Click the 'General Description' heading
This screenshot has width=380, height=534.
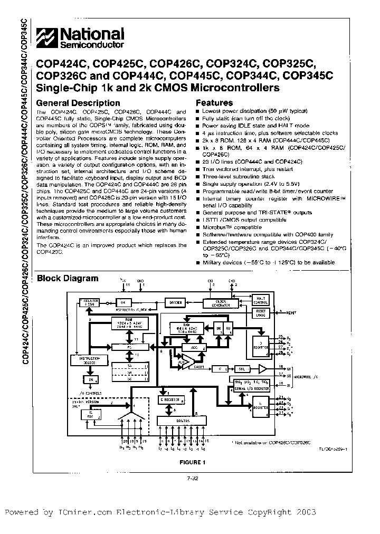(x=79, y=103)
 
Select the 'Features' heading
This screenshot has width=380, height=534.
(x=214, y=103)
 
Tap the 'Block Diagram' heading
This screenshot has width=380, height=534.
(x=67, y=278)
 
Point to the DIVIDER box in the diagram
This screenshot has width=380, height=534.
(x=175, y=302)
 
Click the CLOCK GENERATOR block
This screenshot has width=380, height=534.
(x=217, y=303)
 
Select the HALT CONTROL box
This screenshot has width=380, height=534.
(x=261, y=300)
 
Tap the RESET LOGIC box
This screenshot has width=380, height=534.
(x=261, y=313)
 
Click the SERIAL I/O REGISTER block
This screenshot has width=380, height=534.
(x=251, y=387)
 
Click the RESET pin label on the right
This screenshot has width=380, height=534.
(x=291, y=312)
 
